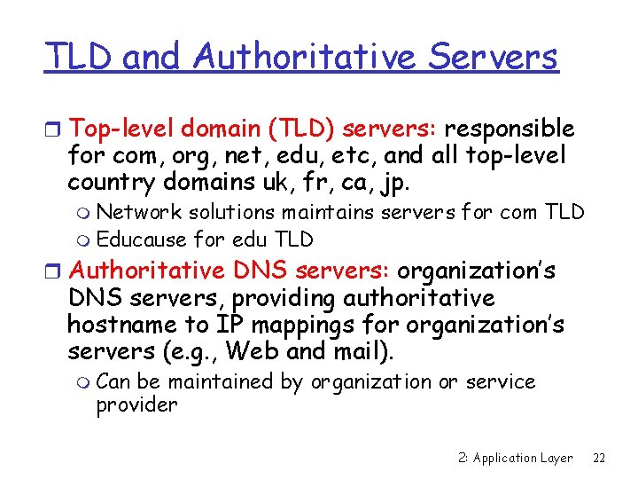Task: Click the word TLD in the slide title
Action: coord(79,58)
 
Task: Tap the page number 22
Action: coord(599,458)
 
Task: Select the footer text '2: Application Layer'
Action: coord(516,458)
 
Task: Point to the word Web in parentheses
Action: coord(253,351)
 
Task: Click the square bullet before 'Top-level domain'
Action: coord(54,130)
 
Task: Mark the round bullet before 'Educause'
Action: coord(84,240)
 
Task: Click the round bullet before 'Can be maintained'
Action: coord(84,383)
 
